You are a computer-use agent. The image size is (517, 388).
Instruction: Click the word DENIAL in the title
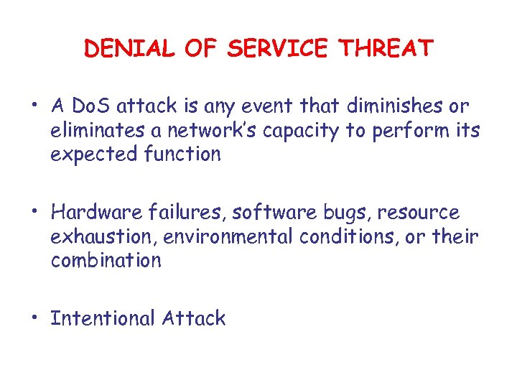(x=129, y=48)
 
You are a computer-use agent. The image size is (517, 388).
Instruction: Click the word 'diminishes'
(x=387, y=107)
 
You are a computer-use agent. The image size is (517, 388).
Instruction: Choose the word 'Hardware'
(x=98, y=213)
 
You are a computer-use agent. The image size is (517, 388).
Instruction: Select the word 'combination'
(x=106, y=260)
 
